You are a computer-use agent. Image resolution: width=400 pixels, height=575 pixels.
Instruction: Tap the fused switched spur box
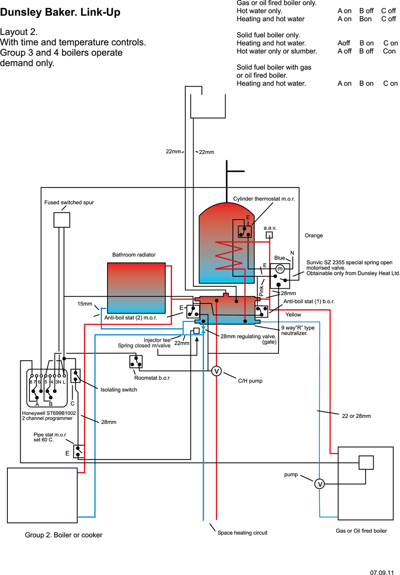pyautogui.click(x=61, y=219)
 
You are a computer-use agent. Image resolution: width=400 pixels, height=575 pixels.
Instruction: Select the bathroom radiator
pyautogui.click(x=136, y=288)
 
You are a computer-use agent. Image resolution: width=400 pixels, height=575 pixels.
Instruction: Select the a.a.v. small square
pyautogui.click(x=269, y=235)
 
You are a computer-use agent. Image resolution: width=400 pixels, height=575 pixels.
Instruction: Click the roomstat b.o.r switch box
pyautogui.click(x=136, y=362)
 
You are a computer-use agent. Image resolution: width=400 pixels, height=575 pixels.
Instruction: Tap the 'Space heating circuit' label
pyautogui.click(x=242, y=533)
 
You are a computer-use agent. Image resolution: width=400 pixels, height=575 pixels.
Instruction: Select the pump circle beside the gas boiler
pyautogui.click(x=320, y=484)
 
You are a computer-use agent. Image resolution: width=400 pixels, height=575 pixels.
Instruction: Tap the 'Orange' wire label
pyautogui.click(x=314, y=236)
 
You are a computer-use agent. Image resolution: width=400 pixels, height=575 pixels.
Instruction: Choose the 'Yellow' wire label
pyautogui.click(x=293, y=315)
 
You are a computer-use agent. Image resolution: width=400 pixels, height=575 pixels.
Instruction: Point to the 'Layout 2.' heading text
pyautogui.click(x=19, y=31)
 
